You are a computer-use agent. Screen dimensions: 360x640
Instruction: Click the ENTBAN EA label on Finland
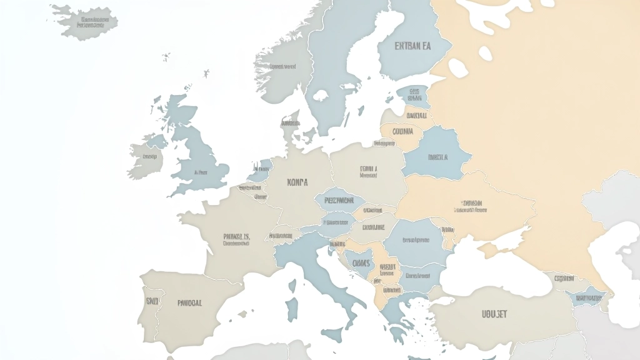click(413, 46)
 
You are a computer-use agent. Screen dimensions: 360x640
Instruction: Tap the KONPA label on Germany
click(297, 182)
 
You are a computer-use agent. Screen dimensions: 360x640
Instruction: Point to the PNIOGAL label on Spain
click(189, 302)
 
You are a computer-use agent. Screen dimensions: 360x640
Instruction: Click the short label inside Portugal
click(152, 301)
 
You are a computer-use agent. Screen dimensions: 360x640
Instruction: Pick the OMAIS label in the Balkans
click(361, 262)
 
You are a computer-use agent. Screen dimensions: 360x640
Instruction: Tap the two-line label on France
click(236, 240)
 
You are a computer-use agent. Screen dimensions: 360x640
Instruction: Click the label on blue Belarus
click(437, 157)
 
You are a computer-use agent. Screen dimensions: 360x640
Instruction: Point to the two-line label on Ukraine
click(472, 206)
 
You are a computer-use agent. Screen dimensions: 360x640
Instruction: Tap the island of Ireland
click(147, 157)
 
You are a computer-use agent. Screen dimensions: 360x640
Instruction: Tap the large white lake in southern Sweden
click(321, 96)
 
